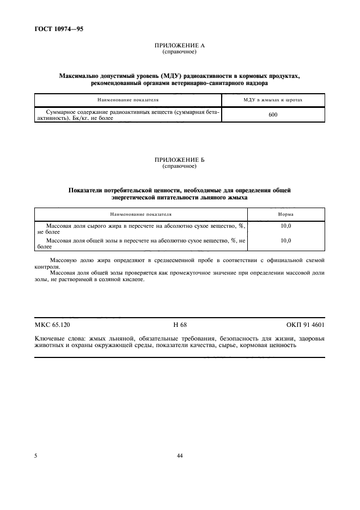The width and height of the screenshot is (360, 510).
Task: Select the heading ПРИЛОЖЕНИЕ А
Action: [x=179, y=46]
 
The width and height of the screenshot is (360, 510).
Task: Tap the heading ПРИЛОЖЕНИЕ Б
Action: [x=179, y=160]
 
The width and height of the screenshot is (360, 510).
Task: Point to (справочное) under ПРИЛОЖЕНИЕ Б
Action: [x=179, y=166]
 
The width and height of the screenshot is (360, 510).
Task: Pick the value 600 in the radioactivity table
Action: [x=273, y=114]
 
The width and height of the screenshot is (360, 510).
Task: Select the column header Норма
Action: [x=285, y=215]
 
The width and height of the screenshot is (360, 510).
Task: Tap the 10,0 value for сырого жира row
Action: [x=285, y=226]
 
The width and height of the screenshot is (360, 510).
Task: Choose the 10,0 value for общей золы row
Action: [x=285, y=240]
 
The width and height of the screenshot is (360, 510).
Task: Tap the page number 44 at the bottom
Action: [x=180, y=456]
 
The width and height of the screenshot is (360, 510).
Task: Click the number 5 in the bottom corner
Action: [x=36, y=456]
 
